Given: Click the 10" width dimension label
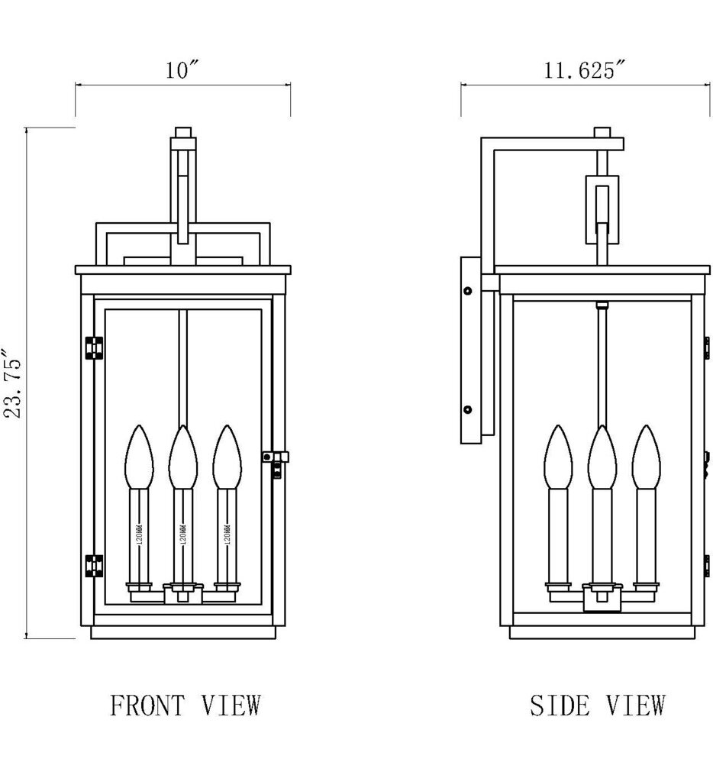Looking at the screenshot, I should (182, 71).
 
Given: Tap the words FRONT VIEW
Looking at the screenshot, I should (186, 705).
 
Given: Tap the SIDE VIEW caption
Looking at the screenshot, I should (598, 705).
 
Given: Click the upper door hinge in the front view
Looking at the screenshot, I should (94, 347).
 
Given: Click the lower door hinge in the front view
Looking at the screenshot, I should (94, 566).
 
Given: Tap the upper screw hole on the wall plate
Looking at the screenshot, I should (468, 290).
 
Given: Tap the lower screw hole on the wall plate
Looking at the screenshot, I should (468, 411).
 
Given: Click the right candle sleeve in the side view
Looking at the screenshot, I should (646, 534).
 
